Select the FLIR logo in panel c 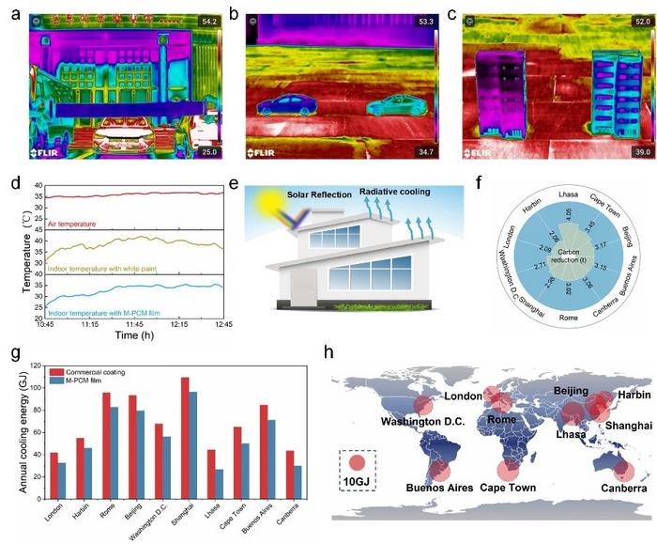click(480, 151)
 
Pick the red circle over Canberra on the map click(614, 467)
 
